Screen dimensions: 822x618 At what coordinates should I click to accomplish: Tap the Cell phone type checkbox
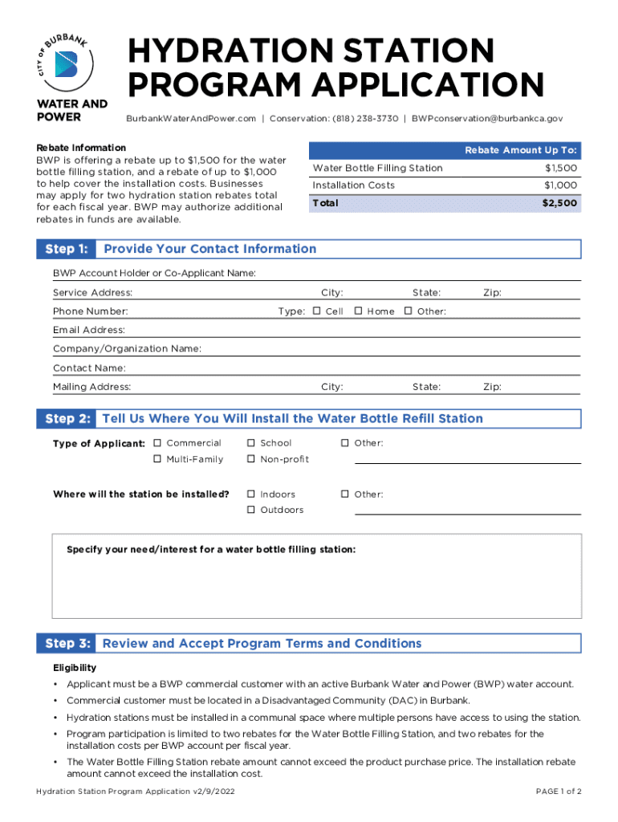click(317, 311)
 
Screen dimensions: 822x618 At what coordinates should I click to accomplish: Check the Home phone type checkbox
click(358, 311)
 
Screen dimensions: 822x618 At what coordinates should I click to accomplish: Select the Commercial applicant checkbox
click(157, 443)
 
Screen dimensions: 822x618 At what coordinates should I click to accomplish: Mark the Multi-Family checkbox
click(157, 459)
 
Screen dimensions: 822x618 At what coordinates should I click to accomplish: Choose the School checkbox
click(251, 443)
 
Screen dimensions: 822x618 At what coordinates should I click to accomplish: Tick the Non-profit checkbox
click(251, 459)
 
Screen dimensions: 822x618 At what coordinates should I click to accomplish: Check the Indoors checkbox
click(251, 494)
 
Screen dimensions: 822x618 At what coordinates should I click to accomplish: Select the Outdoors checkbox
click(251, 511)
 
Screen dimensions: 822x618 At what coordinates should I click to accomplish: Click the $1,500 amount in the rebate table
click(560, 168)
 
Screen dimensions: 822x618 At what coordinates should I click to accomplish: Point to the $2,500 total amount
click(559, 203)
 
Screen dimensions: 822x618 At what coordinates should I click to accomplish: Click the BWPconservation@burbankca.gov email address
click(482, 119)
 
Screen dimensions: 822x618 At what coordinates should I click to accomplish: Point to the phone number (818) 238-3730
click(365, 119)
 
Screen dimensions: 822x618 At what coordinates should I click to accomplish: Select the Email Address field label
click(89, 330)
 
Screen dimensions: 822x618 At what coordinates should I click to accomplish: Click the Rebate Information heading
click(81, 148)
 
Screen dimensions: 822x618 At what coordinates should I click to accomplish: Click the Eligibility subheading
click(75, 668)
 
